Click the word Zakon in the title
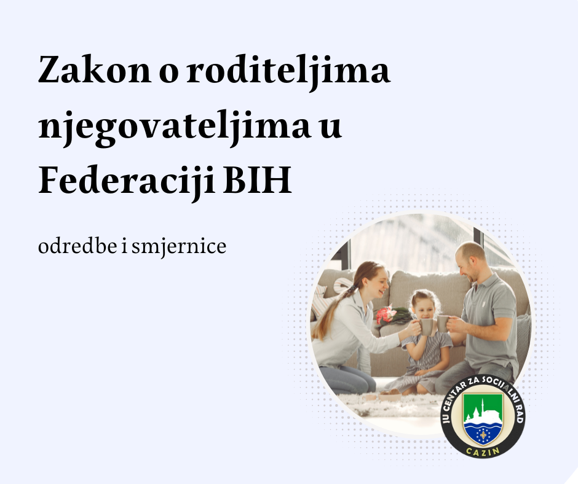pyautogui.click(x=95, y=69)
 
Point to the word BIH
pyautogui.click(x=258, y=181)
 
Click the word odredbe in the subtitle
pyautogui.click(x=77, y=246)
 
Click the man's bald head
pyautogui.click(x=470, y=252)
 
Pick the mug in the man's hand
pyautogui.click(x=443, y=324)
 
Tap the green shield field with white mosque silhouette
pyautogui.click(x=483, y=408)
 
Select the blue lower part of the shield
pyautogui.click(x=483, y=433)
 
